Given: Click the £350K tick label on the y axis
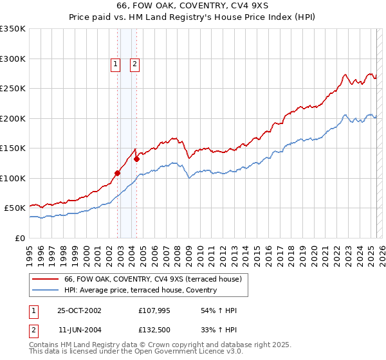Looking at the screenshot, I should [x=13, y=29].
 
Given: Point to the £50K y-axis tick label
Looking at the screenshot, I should [x=15, y=208].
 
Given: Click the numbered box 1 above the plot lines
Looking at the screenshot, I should [x=115, y=64].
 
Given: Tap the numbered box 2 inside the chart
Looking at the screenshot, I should [x=135, y=64].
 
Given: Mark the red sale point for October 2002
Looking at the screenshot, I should [x=118, y=172].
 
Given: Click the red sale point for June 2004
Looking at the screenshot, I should [x=136, y=158].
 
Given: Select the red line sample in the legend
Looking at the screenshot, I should [x=45, y=279].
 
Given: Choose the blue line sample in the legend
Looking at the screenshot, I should [x=45, y=291].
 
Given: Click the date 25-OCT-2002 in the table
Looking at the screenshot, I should [x=79, y=311].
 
